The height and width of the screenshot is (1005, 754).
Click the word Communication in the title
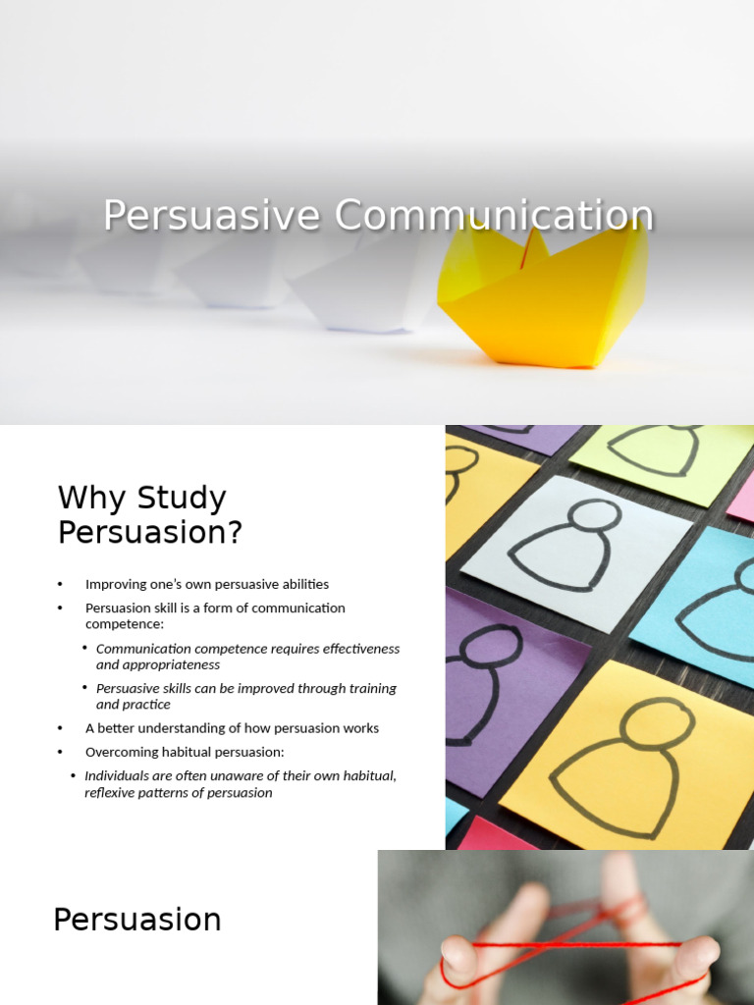pos(493,216)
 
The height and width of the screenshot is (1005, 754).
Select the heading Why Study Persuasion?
pos(149,514)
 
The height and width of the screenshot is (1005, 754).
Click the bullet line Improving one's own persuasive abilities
pos(207,584)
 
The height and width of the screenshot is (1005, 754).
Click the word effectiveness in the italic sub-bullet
pos(355,649)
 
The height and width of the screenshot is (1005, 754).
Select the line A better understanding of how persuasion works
pos(232,728)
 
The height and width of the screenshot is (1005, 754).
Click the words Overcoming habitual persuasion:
pos(185,752)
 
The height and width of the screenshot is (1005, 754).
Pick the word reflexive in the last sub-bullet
pos(111,792)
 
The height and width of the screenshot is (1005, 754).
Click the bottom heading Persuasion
pos(137,920)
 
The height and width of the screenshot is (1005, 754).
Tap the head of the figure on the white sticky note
pos(595,515)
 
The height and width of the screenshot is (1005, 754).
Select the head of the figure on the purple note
pos(489,646)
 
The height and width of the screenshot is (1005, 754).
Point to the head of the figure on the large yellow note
pos(657,723)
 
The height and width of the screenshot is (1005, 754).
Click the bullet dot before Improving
pos(61,585)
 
